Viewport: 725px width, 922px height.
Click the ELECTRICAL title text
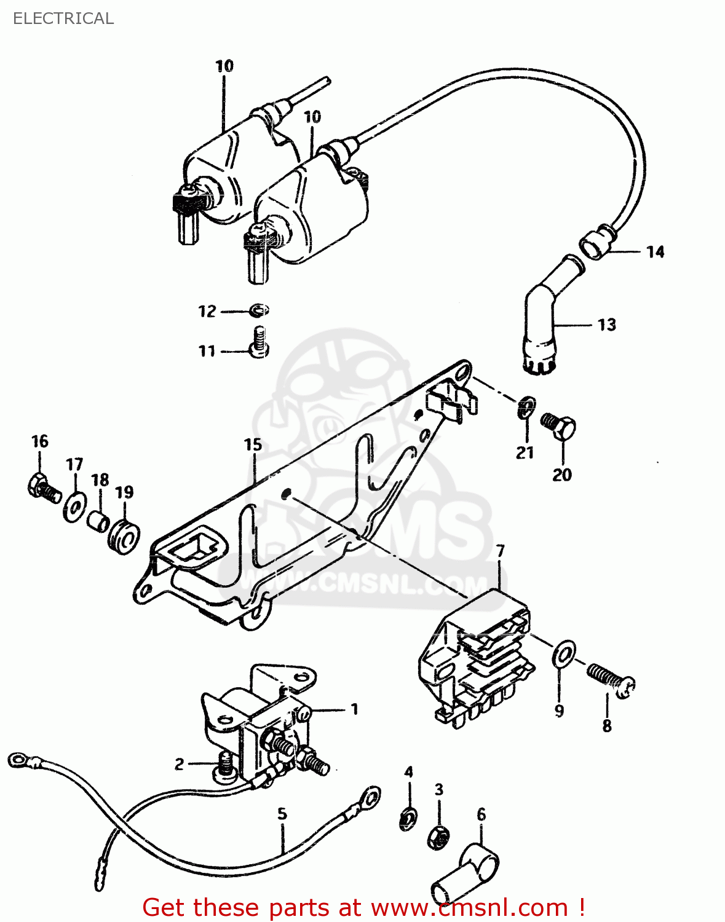click(63, 18)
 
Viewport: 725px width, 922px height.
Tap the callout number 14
click(655, 251)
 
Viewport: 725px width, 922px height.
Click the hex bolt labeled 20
click(559, 425)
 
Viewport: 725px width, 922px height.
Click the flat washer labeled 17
click(75, 507)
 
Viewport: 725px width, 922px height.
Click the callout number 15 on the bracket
click(253, 444)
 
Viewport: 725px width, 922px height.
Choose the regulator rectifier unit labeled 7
click(473, 658)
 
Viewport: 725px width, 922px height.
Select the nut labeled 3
click(438, 836)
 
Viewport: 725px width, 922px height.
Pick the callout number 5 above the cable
click(282, 813)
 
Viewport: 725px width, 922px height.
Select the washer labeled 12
click(259, 310)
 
